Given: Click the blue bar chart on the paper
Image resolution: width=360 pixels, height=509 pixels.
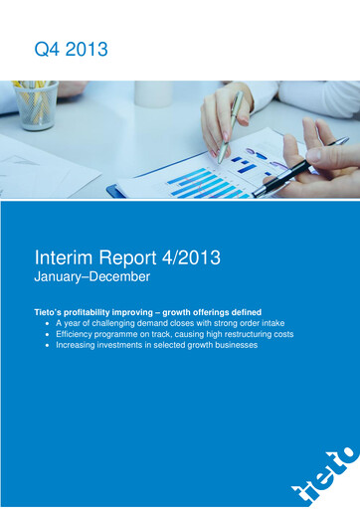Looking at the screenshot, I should [x=204, y=183].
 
